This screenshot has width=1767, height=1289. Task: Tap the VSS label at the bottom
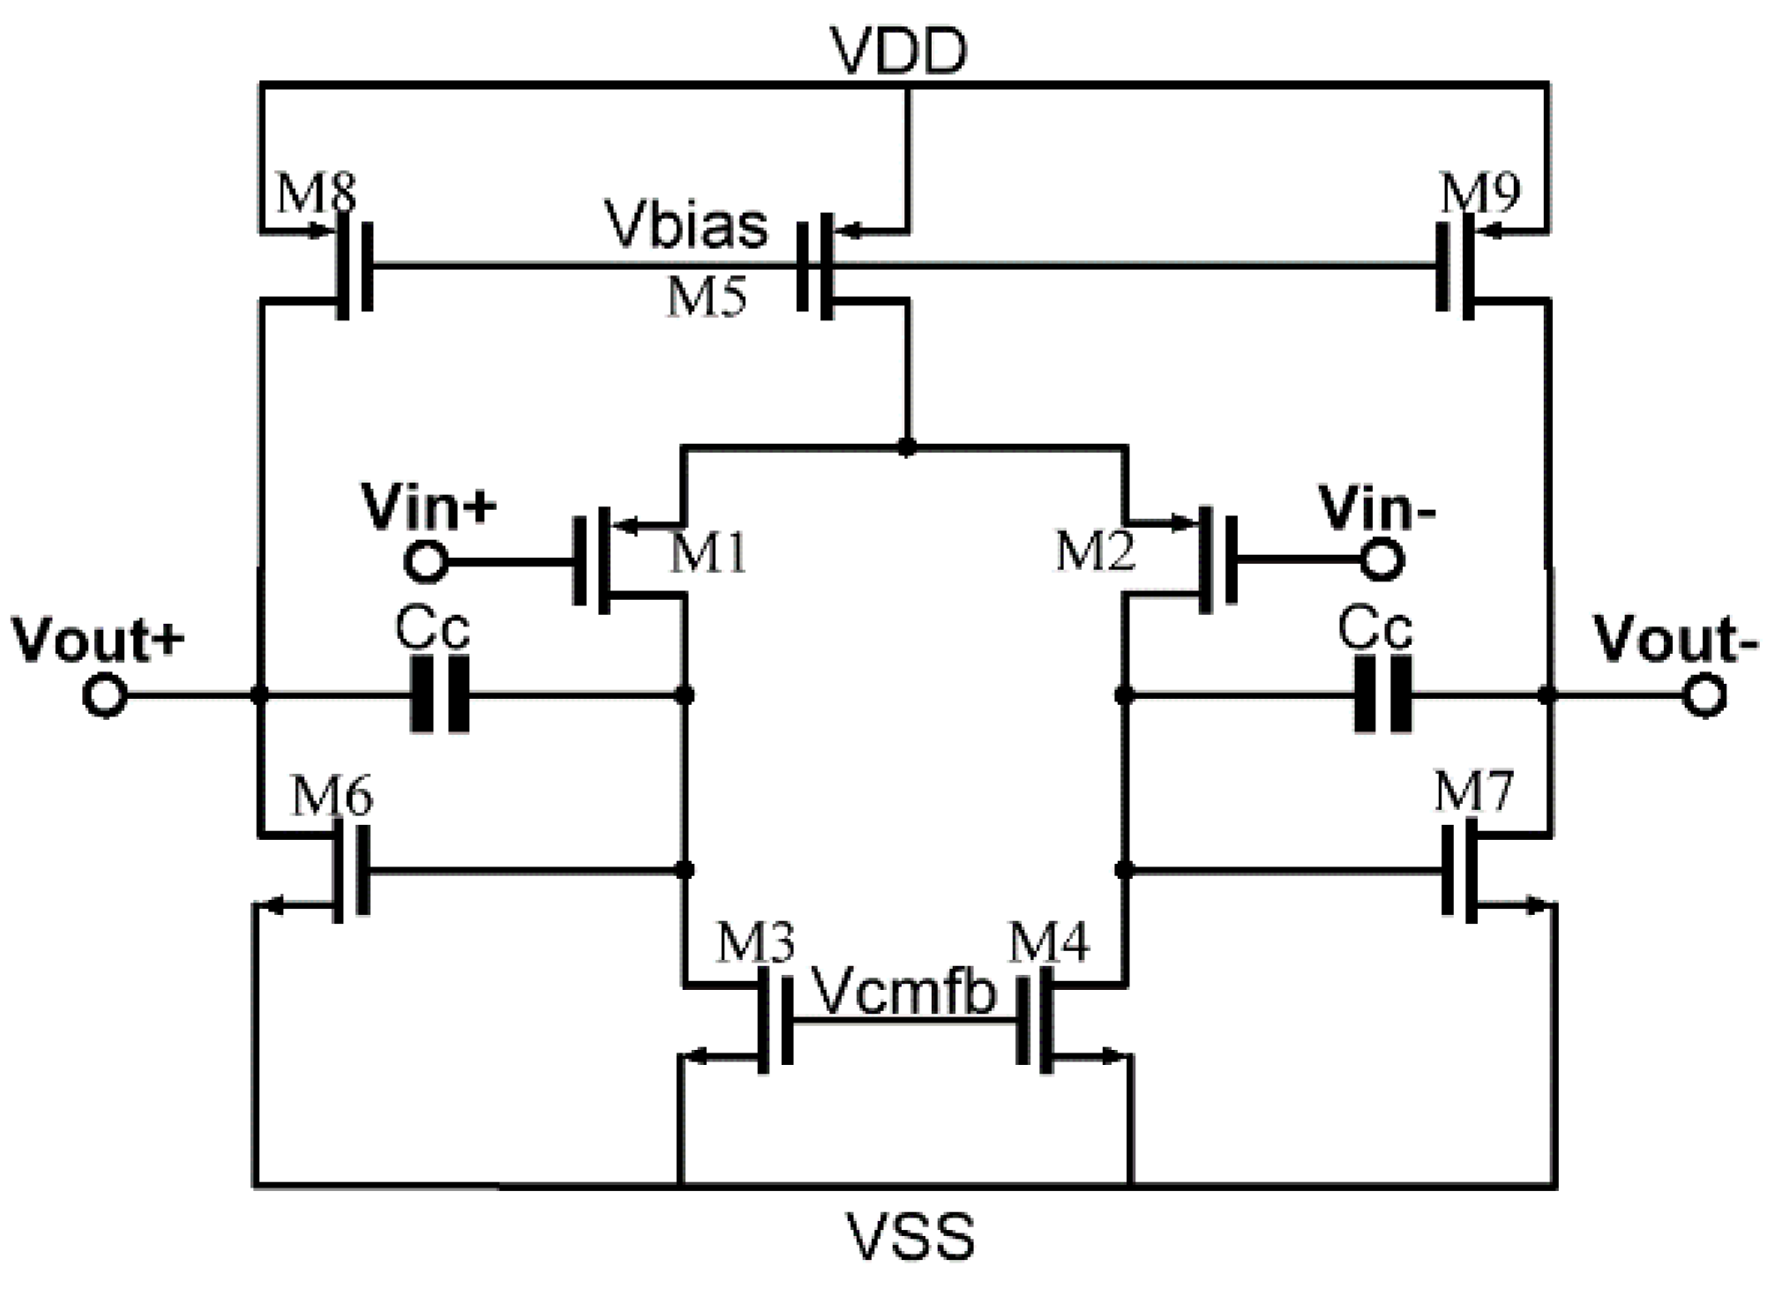point(910,1236)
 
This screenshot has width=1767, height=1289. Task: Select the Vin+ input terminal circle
point(426,561)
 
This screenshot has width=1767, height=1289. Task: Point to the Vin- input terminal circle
point(1381,560)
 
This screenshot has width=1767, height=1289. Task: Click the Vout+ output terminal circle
point(105,695)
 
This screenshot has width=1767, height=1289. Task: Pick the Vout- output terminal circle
point(1704,695)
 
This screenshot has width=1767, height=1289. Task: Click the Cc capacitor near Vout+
point(440,695)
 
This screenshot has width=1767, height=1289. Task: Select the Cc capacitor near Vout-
point(1382,695)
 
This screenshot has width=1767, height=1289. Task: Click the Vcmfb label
point(903,992)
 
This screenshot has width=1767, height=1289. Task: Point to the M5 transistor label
point(707,296)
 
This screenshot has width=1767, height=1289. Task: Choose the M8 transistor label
point(316,193)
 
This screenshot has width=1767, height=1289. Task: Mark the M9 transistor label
point(1479,193)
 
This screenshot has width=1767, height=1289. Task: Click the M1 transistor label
point(708,554)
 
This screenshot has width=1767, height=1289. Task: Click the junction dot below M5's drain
point(906,447)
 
